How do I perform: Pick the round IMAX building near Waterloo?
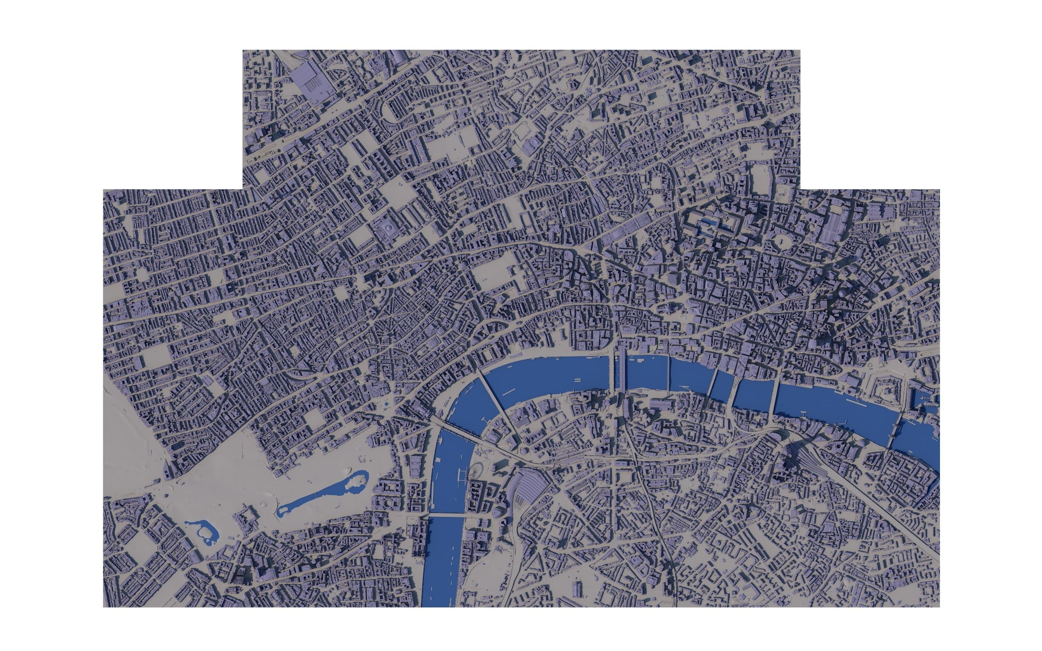pyautogui.click(x=524, y=451)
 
